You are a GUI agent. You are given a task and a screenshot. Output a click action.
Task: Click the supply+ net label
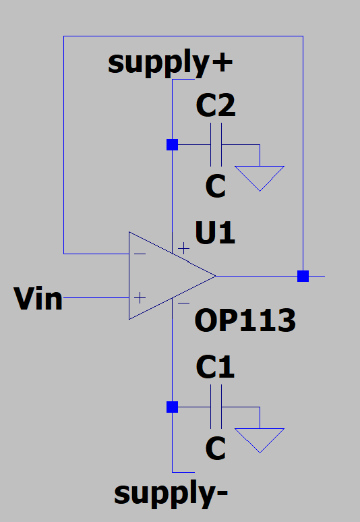(171, 63)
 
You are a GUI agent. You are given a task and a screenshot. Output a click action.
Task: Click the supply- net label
(171, 493)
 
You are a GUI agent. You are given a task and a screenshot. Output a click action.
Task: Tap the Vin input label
(38, 298)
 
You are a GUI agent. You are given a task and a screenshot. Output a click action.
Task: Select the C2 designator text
(216, 106)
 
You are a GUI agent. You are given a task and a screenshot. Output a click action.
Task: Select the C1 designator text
(216, 368)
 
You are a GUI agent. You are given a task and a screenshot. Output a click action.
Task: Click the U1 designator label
(215, 234)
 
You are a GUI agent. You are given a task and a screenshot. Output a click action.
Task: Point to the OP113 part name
(245, 322)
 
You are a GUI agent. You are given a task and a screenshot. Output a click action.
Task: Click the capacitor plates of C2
(216, 144)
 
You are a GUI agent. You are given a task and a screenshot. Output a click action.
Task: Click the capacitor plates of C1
(216, 407)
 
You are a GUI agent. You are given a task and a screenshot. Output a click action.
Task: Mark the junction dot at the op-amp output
(303, 276)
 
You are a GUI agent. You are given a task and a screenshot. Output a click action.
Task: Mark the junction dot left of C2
(173, 144)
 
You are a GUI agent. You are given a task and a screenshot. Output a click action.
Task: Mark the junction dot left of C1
(173, 407)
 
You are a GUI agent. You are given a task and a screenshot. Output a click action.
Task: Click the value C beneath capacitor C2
(216, 187)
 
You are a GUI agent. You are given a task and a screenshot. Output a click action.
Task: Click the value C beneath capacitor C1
(216, 448)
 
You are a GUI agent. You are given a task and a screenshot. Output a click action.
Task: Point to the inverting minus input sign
(140, 254)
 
